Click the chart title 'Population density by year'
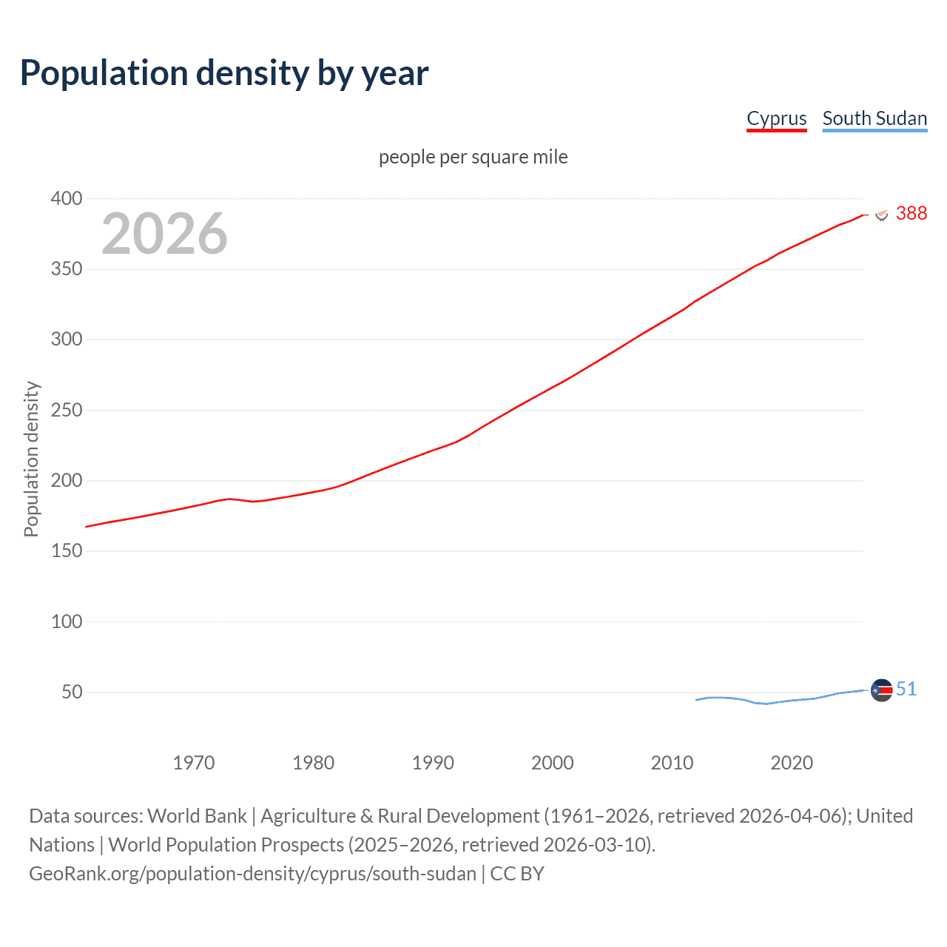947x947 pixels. tap(224, 73)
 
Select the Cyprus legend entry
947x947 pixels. tap(776, 118)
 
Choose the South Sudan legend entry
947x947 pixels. tap(874, 118)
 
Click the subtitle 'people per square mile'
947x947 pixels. tap(473, 157)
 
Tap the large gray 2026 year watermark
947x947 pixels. tap(164, 234)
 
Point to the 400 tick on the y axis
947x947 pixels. tap(67, 198)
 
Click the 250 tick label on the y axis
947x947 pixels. tap(67, 410)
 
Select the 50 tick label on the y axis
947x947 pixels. tap(72, 692)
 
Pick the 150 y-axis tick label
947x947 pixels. tap(67, 551)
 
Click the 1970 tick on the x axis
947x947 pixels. tap(194, 763)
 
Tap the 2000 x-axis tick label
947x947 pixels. tap(552, 763)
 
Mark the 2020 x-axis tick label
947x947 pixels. tap(792, 763)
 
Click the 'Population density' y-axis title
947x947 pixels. tap(31, 459)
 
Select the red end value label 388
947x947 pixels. tap(911, 213)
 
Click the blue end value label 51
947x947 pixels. tap(906, 689)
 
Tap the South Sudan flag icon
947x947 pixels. tap(881, 690)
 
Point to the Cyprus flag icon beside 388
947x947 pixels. tap(881, 215)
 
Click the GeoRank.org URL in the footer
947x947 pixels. tap(252, 874)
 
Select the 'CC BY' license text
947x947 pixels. tap(517, 874)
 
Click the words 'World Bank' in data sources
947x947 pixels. tap(197, 816)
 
